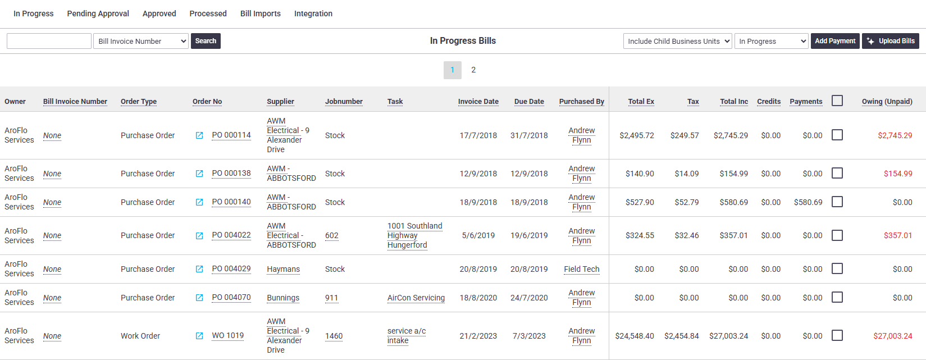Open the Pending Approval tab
(x=98, y=13)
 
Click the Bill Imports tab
(x=261, y=13)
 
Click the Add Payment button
(x=835, y=41)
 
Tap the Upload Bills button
(x=891, y=41)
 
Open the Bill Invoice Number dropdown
(x=141, y=41)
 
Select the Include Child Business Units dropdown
(x=678, y=41)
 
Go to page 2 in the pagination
(x=473, y=70)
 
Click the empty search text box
(x=49, y=41)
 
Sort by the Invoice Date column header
(x=478, y=101)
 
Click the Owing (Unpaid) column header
(x=887, y=101)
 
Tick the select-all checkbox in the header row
(x=837, y=101)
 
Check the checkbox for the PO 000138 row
(x=837, y=173)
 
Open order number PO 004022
(x=231, y=235)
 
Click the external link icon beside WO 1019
(x=199, y=336)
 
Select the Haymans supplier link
(x=283, y=269)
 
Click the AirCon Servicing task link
(x=416, y=298)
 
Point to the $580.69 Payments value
(x=808, y=202)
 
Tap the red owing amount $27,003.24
(x=892, y=336)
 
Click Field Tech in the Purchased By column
(x=581, y=269)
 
